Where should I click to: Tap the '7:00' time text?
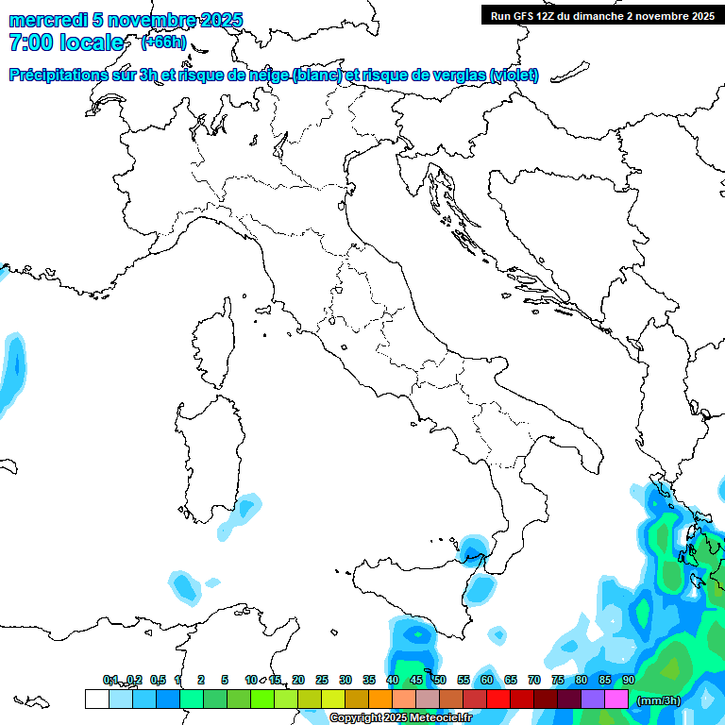31,42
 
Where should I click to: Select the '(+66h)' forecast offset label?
164,42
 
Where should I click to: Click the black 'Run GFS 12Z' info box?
601,15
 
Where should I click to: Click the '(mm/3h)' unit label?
658,700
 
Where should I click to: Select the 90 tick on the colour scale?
629,680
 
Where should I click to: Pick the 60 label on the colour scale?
487,680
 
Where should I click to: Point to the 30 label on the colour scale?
346,680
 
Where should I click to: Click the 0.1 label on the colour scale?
110,680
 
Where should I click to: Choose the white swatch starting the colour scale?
96,699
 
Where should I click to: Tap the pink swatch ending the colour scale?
616,699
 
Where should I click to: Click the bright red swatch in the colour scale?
497,699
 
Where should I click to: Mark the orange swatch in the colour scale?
379,699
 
